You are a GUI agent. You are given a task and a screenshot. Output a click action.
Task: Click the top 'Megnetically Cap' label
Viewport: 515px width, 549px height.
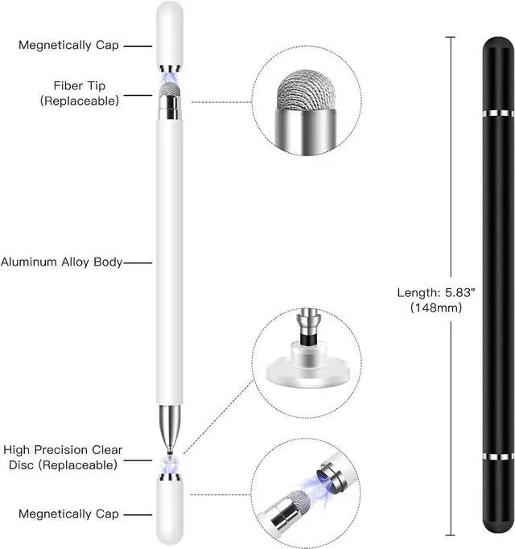(68, 46)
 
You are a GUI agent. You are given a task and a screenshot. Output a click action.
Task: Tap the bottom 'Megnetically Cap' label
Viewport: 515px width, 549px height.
(68, 514)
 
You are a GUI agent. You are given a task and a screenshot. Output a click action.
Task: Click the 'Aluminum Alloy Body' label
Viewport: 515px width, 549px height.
(62, 262)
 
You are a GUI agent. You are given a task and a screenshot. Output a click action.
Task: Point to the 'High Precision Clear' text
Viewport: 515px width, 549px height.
(63, 450)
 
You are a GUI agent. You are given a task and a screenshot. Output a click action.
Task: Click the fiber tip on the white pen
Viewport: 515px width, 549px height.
(169, 89)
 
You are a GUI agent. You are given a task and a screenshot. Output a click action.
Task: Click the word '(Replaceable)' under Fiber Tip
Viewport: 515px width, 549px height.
(80, 101)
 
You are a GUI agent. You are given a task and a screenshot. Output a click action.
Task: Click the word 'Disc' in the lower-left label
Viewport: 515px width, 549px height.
(17, 464)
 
